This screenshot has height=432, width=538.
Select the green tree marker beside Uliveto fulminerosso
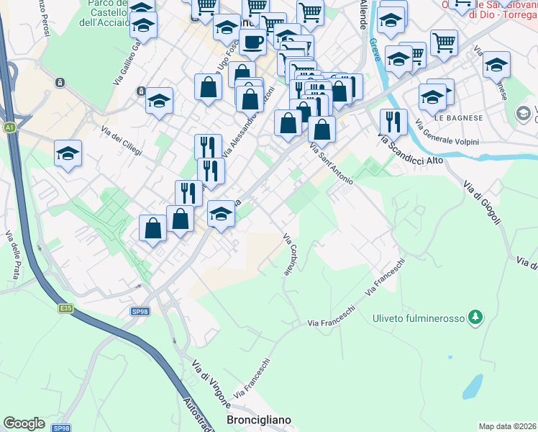pos(474,317)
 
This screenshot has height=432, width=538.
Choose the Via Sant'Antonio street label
pos(332,164)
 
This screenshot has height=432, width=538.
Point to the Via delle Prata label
pos(13,254)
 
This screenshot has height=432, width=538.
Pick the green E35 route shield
pos(66,308)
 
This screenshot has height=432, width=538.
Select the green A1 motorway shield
pos(9,127)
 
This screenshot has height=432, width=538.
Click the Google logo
pos(24,423)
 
